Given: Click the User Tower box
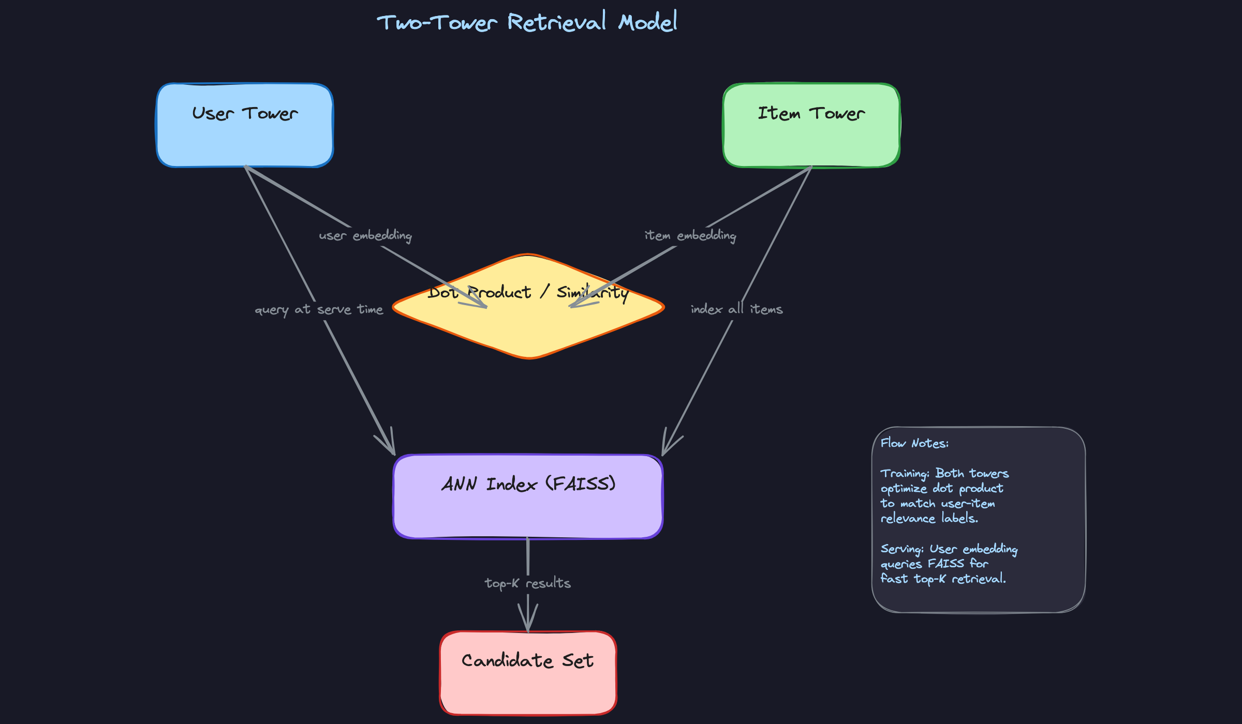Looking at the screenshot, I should [x=244, y=126].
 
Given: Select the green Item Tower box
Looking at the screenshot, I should [x=811, y=126].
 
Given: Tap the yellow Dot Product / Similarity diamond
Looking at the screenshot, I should [x=528, y=326].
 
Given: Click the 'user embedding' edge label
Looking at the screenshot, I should [x=365, y=236].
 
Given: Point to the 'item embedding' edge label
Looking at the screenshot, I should [x=690, y=236].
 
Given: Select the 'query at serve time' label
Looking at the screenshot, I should [x=319, y=310].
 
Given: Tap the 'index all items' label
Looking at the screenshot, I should [x=736, y=309].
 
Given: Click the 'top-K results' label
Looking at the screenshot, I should [x=527, y=583].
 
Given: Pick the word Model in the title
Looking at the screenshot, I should [x=648, y=22].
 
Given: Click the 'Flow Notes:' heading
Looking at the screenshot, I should [x=914, y=443].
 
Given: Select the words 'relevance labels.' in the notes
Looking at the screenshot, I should [x=929, y=519].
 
